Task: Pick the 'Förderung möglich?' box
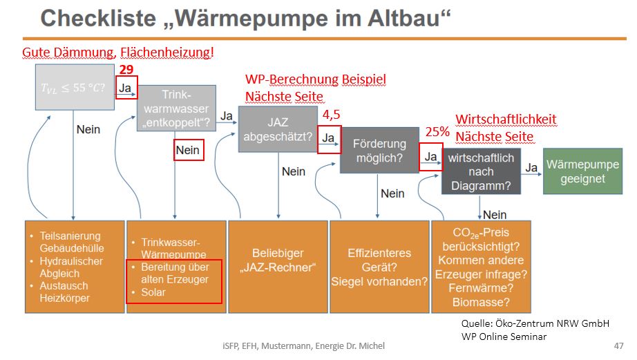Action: pyautogui.click(x=379, y=150)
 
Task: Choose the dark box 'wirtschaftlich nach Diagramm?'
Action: pyautogui.click(x=481, y=171)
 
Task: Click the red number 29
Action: pyautogui.click(x=126, y=70)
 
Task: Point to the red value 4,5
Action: pyautogui.click(x=332, y=115)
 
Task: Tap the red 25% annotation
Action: pyautogui.click(x=437, y=131)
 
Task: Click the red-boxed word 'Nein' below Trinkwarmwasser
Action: pyautogui.click(x=188, y=150)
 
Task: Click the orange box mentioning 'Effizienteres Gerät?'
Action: pyautogui.click(x=379, y=267)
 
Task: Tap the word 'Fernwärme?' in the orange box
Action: pyautogui.click(x=481, y=287)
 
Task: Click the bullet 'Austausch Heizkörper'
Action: pyautogui.click(x=65, y=292)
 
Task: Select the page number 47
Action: pyautogui.click(x=618, y=345)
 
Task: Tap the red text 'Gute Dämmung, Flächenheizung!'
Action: pyautogui.click(x=118, y=52)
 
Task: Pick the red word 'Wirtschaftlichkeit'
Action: pyautogui.click(x=506, y=120)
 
